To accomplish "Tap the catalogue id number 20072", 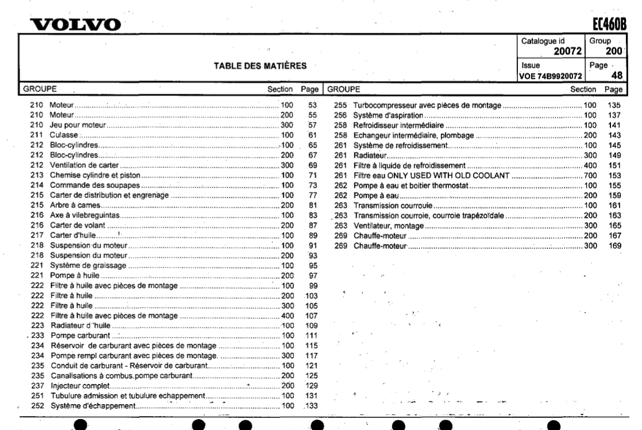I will (x=566, y=53).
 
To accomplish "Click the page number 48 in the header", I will (x=617, y=75).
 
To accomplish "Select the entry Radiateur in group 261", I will (x=369, y=155).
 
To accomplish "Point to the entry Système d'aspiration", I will (x=387, y=116).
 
